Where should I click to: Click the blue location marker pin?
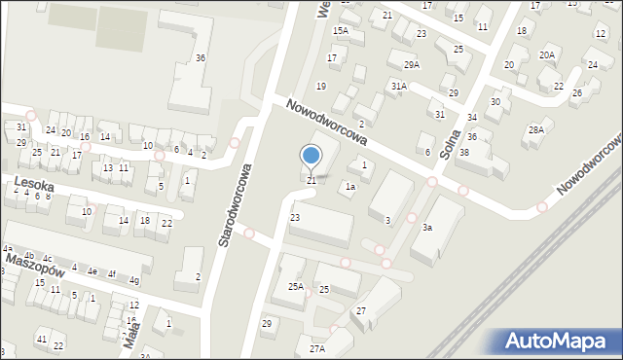coord(311,156)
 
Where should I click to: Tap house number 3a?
coord(426,228)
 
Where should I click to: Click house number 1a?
coord(348,186)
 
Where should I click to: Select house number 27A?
coord(316,348)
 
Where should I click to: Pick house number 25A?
coord(295,287)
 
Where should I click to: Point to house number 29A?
coord(412,64)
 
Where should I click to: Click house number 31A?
coord(398,86)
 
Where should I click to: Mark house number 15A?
coord(340,31)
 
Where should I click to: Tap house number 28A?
coord(535,129)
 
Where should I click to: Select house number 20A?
coord(547,54)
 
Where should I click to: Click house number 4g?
coord(134,281)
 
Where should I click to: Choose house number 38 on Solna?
coord(464,153)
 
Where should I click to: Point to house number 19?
coord(320,87)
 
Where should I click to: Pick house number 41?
coord(41,338)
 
